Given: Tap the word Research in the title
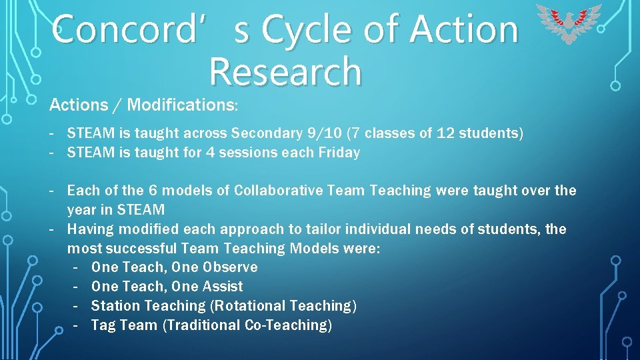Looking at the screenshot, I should point(285,72).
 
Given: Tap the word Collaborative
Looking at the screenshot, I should point(283,191).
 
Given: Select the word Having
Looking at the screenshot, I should point(89,229).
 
